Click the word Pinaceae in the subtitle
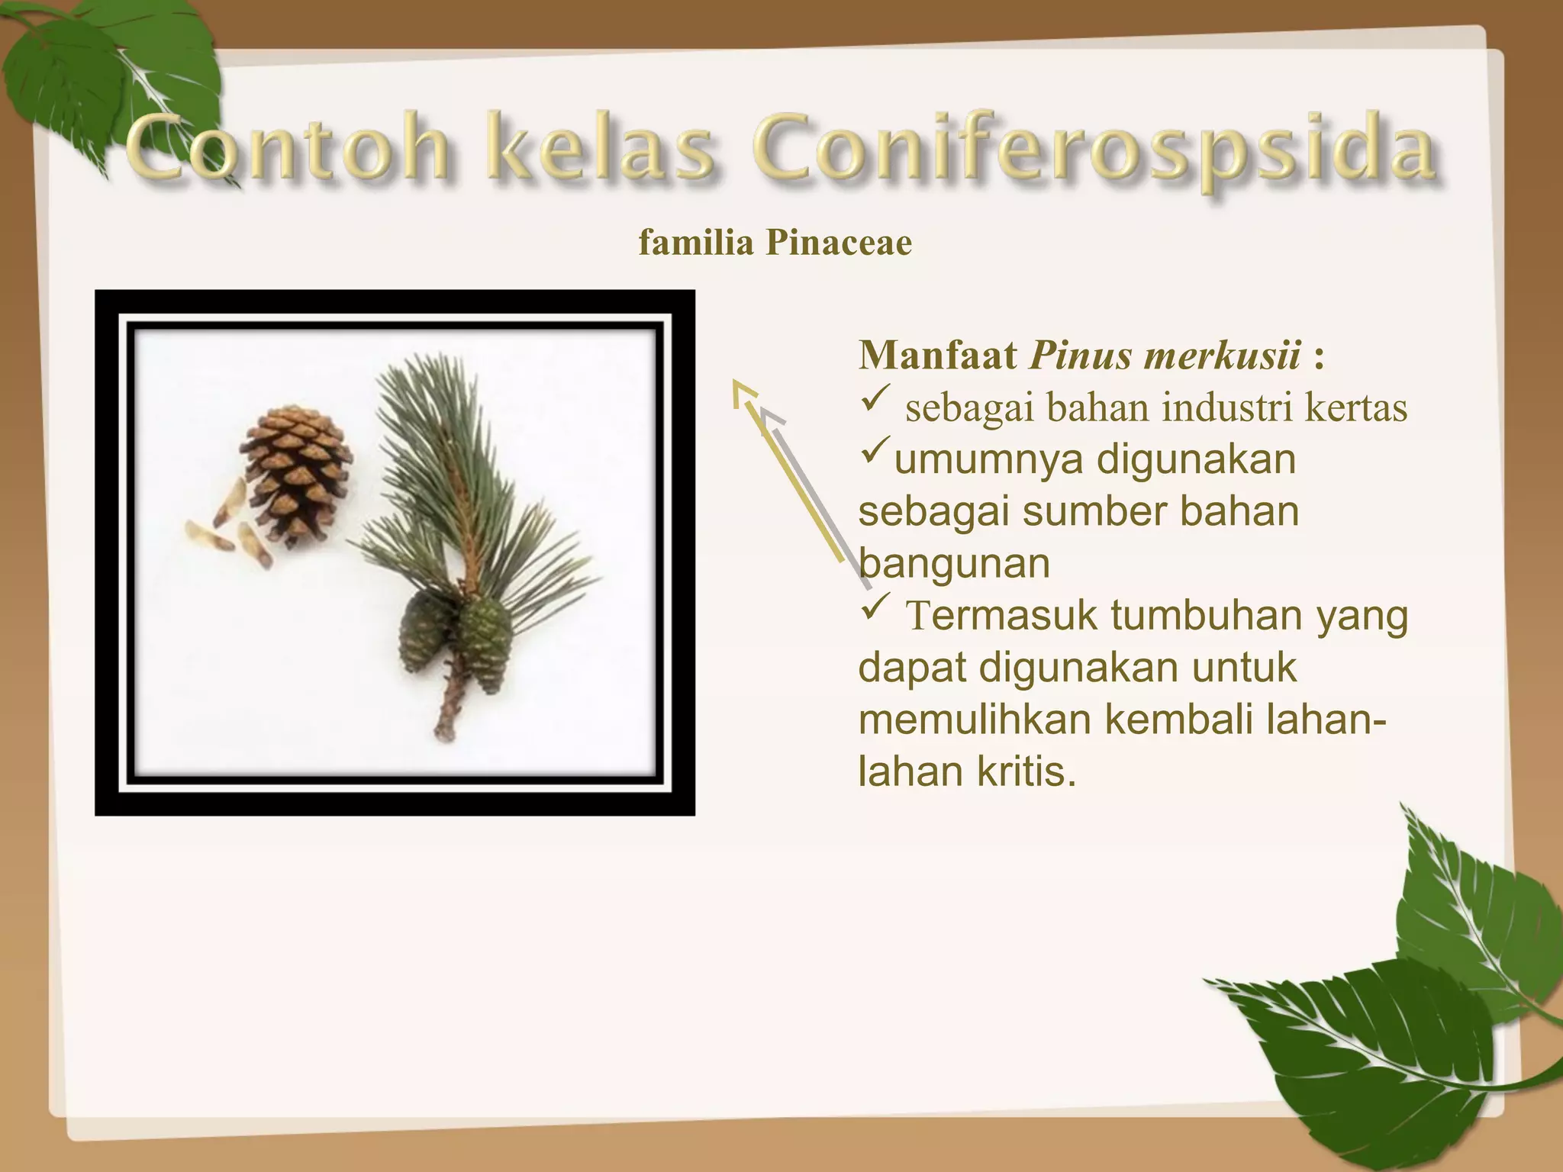(x=839, y=243)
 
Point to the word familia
(x=695, y=243)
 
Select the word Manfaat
(x=938, y=356)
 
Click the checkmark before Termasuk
(x=875, y=608)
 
